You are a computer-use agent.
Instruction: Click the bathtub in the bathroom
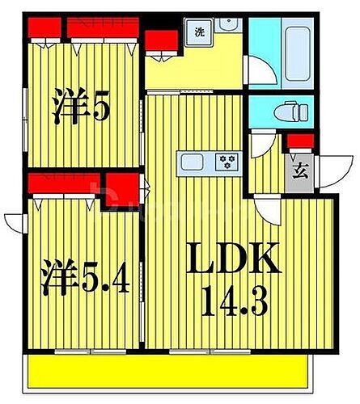coord(298,50)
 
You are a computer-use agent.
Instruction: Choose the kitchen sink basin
coord(194,162)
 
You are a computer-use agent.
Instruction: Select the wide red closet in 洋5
coord(100,27)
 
